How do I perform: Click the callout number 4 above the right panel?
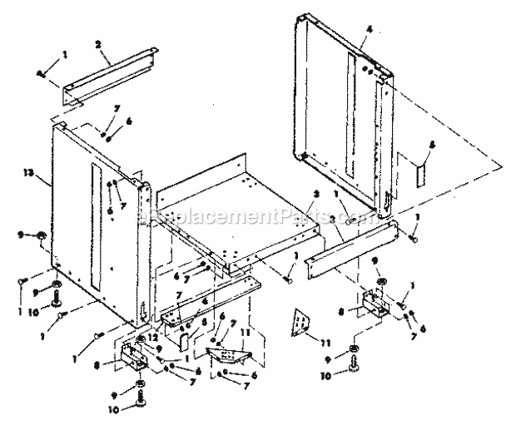(x=367, y=29)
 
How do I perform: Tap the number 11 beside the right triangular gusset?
(x=325, y=340)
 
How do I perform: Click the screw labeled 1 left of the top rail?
(x=42, y=73)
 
